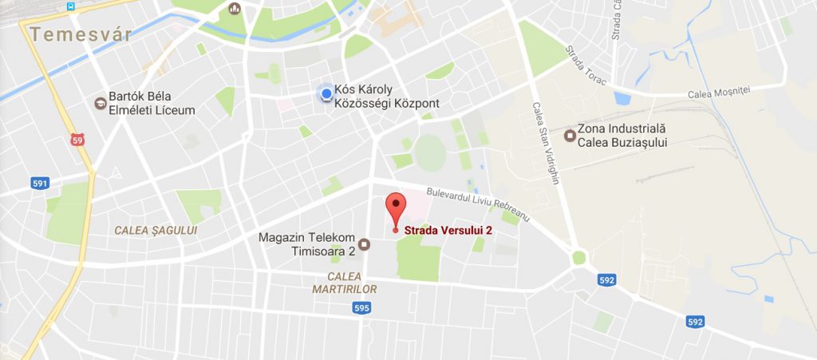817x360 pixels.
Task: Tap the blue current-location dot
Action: pyautogui.click(x=326, y=95)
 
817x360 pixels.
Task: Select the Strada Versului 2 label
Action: pyautogui.click(x=448, y=231)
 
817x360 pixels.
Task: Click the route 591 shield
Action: pyautogui.click(x=40, y=184)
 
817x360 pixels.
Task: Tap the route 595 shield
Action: pyautogui.click(x=362, y=308)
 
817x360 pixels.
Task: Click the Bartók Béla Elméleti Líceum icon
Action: pyautogui.click(x=101, y=103)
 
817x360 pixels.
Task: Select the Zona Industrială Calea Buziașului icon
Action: pyautogui.click(x=568, y=135)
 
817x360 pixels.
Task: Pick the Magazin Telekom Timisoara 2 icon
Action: pyautogui.click(x=365, y=244)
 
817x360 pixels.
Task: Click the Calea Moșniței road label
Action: pyautogui.click(x=720, y=94)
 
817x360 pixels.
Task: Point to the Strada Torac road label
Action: pyautogui.click(x=586, y=67)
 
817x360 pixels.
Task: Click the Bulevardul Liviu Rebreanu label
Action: pyautogui.click(x=477, y=204)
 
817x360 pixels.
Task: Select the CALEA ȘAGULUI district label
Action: pyautogui.click(x=156, y=231)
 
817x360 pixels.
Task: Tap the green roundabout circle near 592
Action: pyautogui.click(x=578, y=258)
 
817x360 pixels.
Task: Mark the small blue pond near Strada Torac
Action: pyautogui.click(x=622, y=99)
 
